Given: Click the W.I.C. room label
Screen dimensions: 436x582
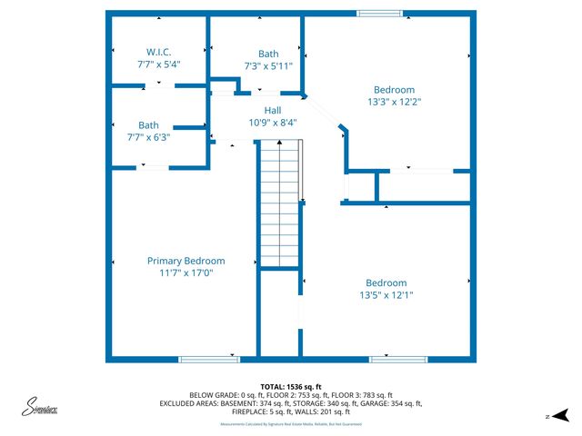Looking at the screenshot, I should (x=159, y=52).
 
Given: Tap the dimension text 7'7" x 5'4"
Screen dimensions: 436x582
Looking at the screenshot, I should (x=159, y=64).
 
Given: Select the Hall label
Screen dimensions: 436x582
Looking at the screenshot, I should (x=272, y=110).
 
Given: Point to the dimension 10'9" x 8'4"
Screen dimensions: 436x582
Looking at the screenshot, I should (x=272, y=123).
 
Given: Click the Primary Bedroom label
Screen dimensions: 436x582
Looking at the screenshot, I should (x=186, y=261).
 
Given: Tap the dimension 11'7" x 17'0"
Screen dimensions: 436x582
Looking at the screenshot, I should (x=186, y=273).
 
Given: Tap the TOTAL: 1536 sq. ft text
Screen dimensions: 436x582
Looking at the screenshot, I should (x=290, y=386).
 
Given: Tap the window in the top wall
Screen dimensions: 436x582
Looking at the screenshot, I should (x=379, y=13).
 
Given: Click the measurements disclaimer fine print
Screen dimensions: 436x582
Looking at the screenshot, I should (x=290, y=424).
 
